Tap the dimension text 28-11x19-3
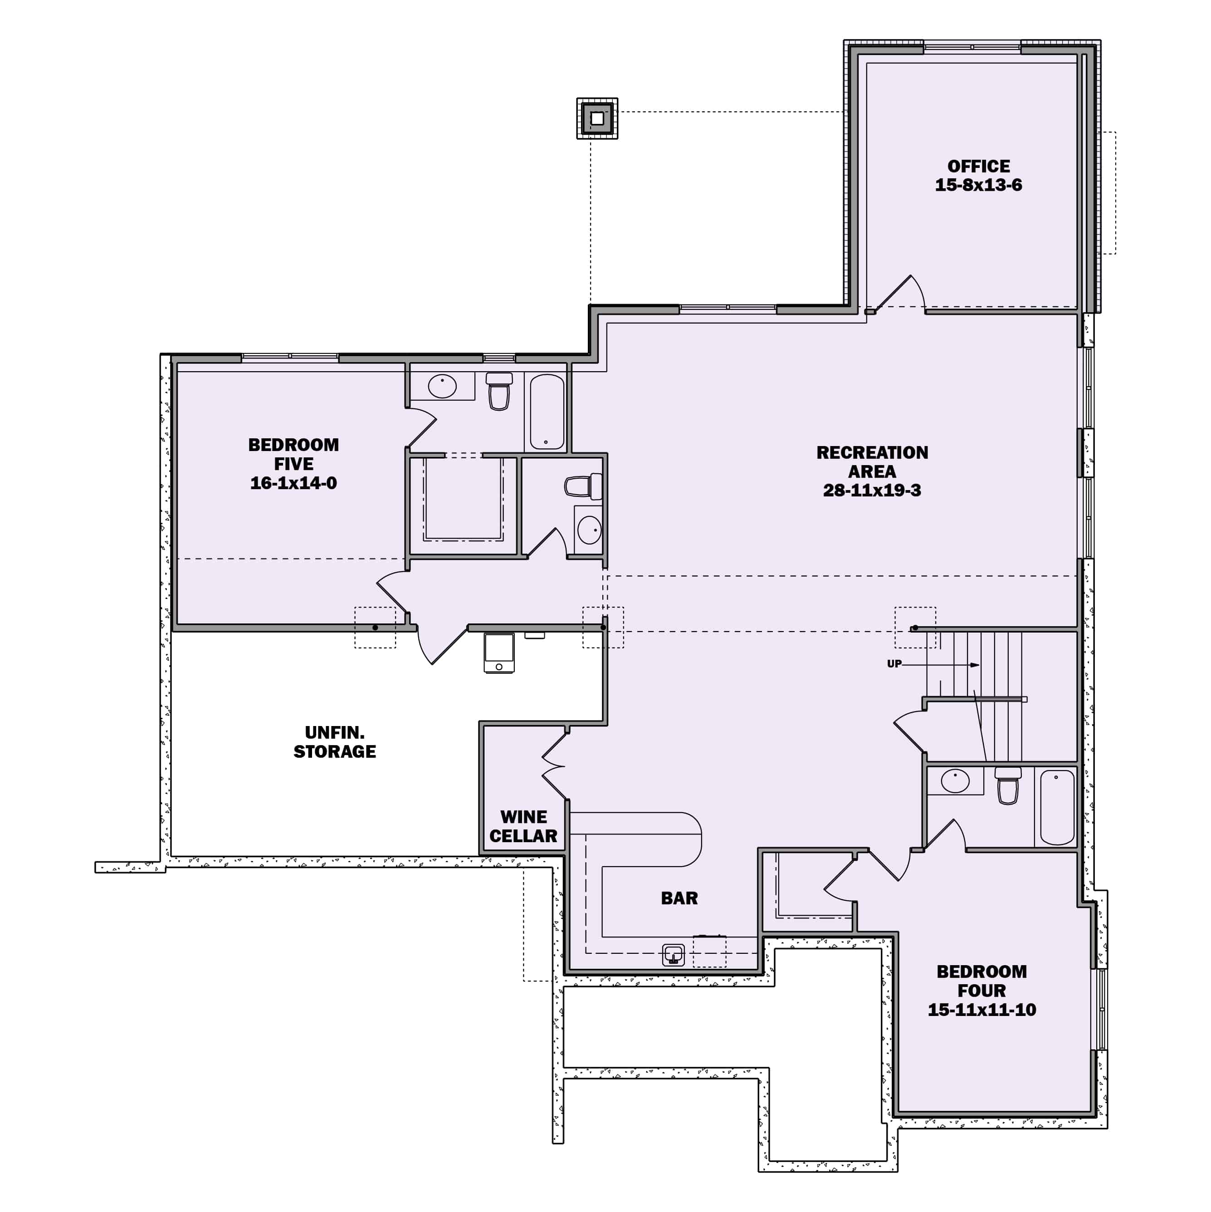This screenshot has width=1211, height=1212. click(x=872, y=491)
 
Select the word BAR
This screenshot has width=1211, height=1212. click(x=679, y=898)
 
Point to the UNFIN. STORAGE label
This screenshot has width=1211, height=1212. click(x=334, y=742)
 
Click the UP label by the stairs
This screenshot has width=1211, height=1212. click(x=894, y=664)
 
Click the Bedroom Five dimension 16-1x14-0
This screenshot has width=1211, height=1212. click(x=293, y=483)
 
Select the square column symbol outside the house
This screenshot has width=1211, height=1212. click(x=597, y=118)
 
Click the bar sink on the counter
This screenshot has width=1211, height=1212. click(x=674, y=955)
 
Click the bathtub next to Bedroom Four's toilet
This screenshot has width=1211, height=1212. click(x=1057, y=807)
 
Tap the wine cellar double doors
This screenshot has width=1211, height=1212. click(x=554, y=766)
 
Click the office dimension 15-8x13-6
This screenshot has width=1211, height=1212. click(x=978, y=185)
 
